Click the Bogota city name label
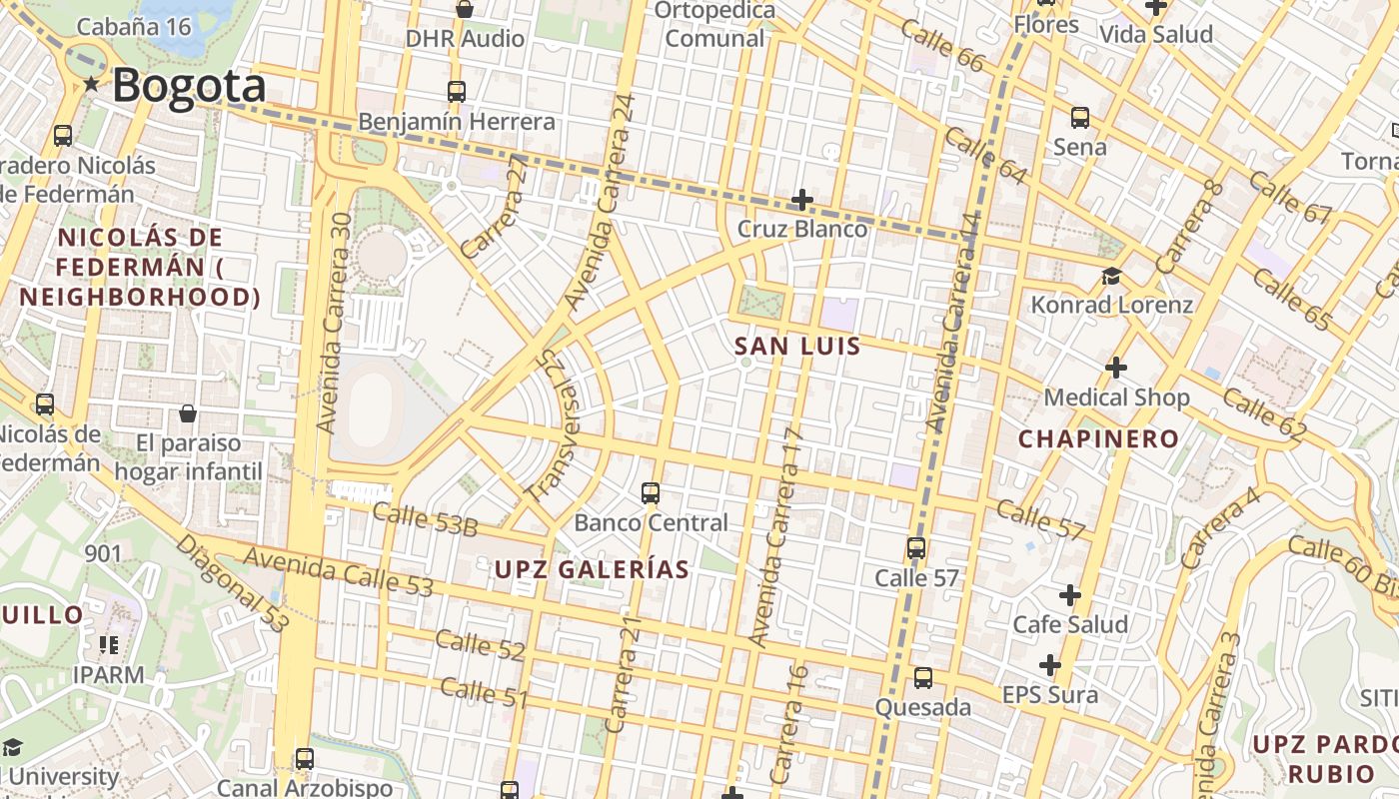click(x=189, y=86)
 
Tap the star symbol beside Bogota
click(x=92, y=85)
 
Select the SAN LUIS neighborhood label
click(x=797, y=347)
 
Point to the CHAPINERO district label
click(x=1098, y=438)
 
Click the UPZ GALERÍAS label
click(x=592, y=570)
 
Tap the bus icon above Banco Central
click(x=651, y=492)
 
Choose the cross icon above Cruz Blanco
click(x=801, y=200)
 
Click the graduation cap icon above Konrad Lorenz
click(x=1111, y=276)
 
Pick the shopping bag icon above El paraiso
click(x=187, y=413)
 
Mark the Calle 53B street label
click(x=425, y=519)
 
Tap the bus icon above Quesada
click(x=923, y=678)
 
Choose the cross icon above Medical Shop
click(x=1116, y=368)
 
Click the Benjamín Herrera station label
click(x=457, y=122)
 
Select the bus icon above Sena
click(x=1080, y=118)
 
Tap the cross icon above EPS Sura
click(x=1049, y=665)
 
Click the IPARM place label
click(x=108, y=674)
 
